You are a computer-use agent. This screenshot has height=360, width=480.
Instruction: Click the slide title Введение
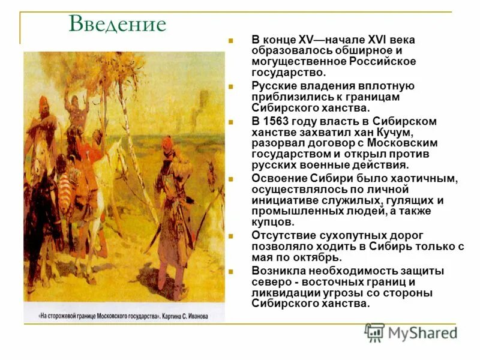point(118,24)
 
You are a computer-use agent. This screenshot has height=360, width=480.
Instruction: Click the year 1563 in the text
point(277,122)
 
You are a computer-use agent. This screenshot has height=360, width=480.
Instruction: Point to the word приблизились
point(289,97)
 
